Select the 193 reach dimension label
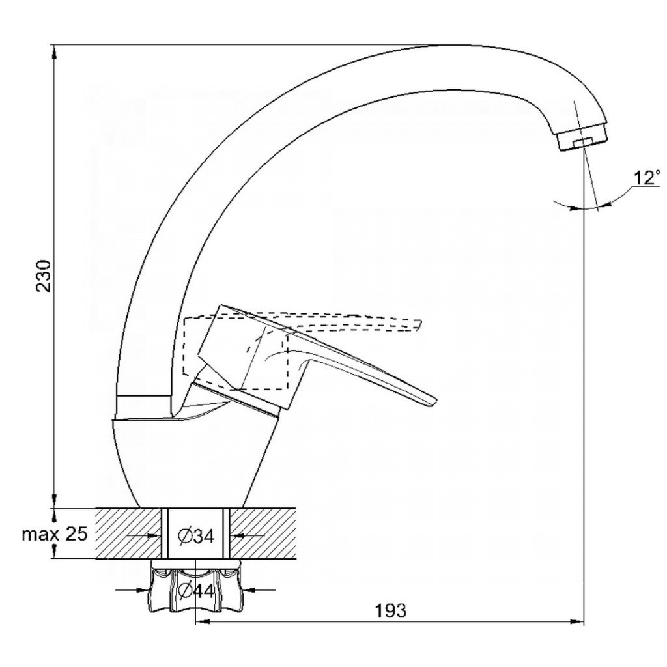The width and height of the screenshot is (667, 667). [x=390, y=611]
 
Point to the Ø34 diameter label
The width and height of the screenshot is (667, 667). [x=197, y=537]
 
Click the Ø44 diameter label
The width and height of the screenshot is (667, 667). [x=197, y=590]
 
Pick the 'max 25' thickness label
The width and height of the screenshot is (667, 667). [x=55, y=533]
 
